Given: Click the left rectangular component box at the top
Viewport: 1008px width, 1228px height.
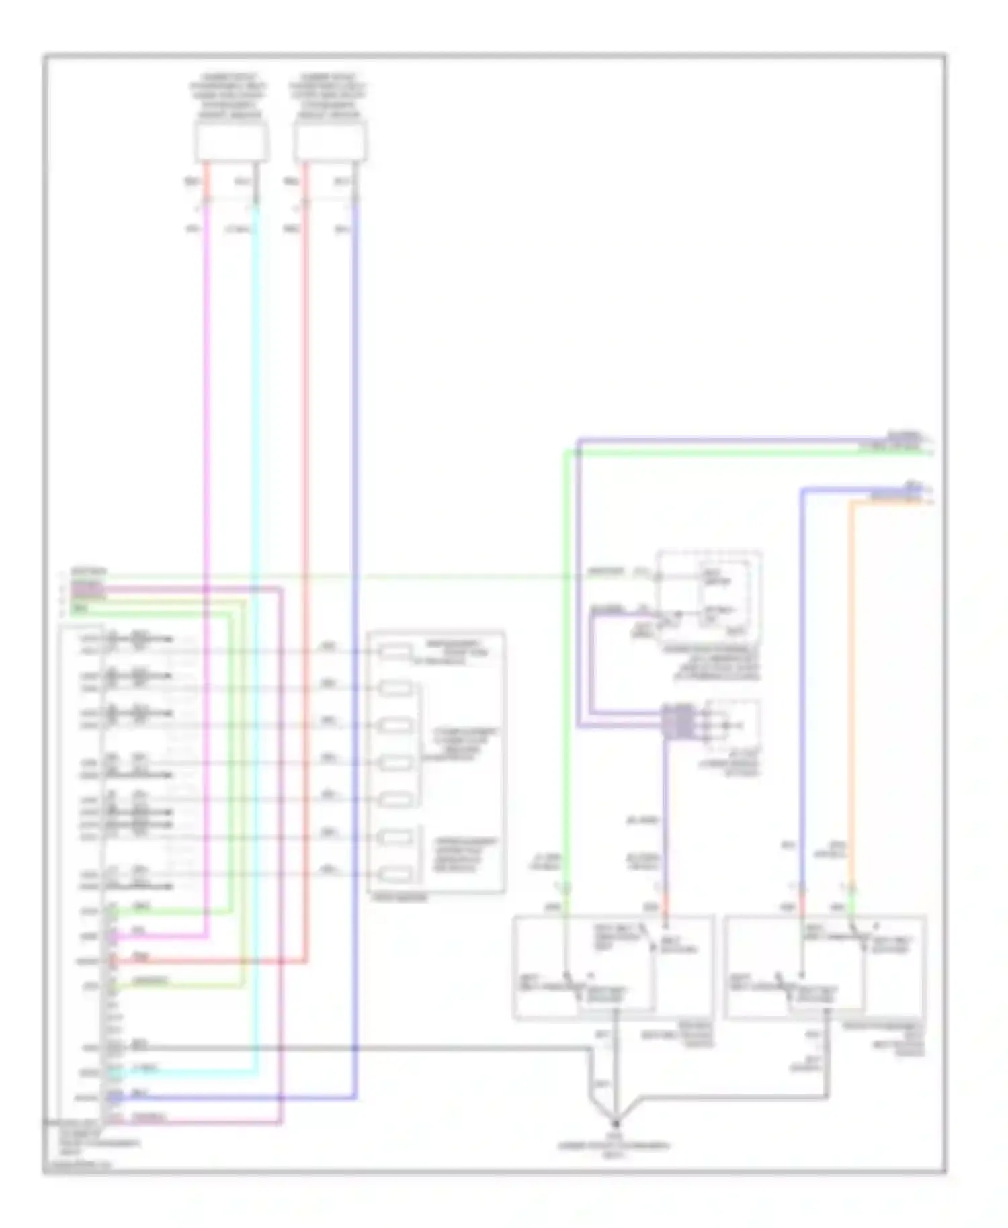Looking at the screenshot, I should click(231, 142).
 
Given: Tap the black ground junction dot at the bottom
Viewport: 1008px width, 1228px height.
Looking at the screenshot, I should click(616, 1123).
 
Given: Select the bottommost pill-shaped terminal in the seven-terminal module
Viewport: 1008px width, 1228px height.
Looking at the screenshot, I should click(395, 874).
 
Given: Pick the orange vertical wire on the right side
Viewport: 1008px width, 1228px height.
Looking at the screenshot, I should click(851, 672).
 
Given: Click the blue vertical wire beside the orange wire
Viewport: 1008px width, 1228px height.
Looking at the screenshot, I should click(802, 672).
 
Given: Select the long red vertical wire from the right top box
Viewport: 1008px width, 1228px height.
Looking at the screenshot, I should click(306, 470).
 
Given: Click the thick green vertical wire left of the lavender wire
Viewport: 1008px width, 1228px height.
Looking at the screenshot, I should click(566, 672).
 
